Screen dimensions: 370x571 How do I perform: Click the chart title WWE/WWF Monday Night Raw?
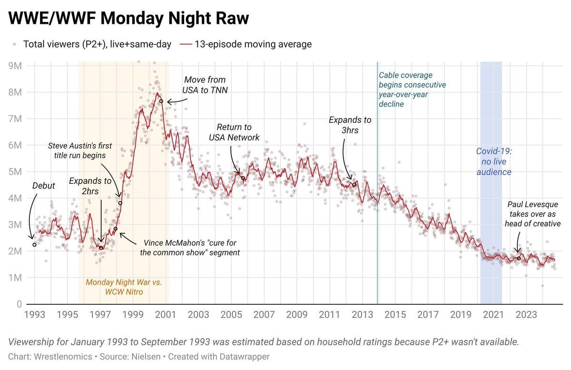coord(128,19)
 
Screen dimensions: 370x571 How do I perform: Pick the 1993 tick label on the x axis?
coord(35,315)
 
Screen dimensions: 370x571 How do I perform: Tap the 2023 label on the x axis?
coord(527,315)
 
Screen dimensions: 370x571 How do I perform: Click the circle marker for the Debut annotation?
coord(35,245)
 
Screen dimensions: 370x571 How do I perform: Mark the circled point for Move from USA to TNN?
coord(161,101)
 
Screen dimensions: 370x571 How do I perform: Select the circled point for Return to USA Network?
coord(243,179)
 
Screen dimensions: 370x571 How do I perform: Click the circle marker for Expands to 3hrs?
coord(354,185)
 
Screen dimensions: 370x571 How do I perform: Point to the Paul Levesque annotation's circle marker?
coord(519,258)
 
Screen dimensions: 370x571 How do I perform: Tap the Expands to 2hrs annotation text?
coord(90,186)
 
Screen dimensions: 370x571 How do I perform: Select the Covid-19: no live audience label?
coord(493,161)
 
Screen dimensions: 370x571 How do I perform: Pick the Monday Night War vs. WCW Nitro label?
coord(124,286)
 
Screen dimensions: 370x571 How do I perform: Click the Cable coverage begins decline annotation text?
coord(412,89)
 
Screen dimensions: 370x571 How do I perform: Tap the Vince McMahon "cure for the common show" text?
coord(189,247)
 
